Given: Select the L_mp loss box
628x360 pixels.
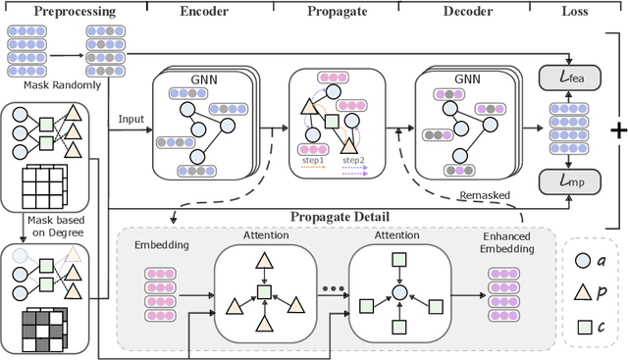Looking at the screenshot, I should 561,180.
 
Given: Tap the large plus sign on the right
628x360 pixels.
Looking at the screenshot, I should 617,131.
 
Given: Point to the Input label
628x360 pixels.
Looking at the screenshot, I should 131,118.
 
